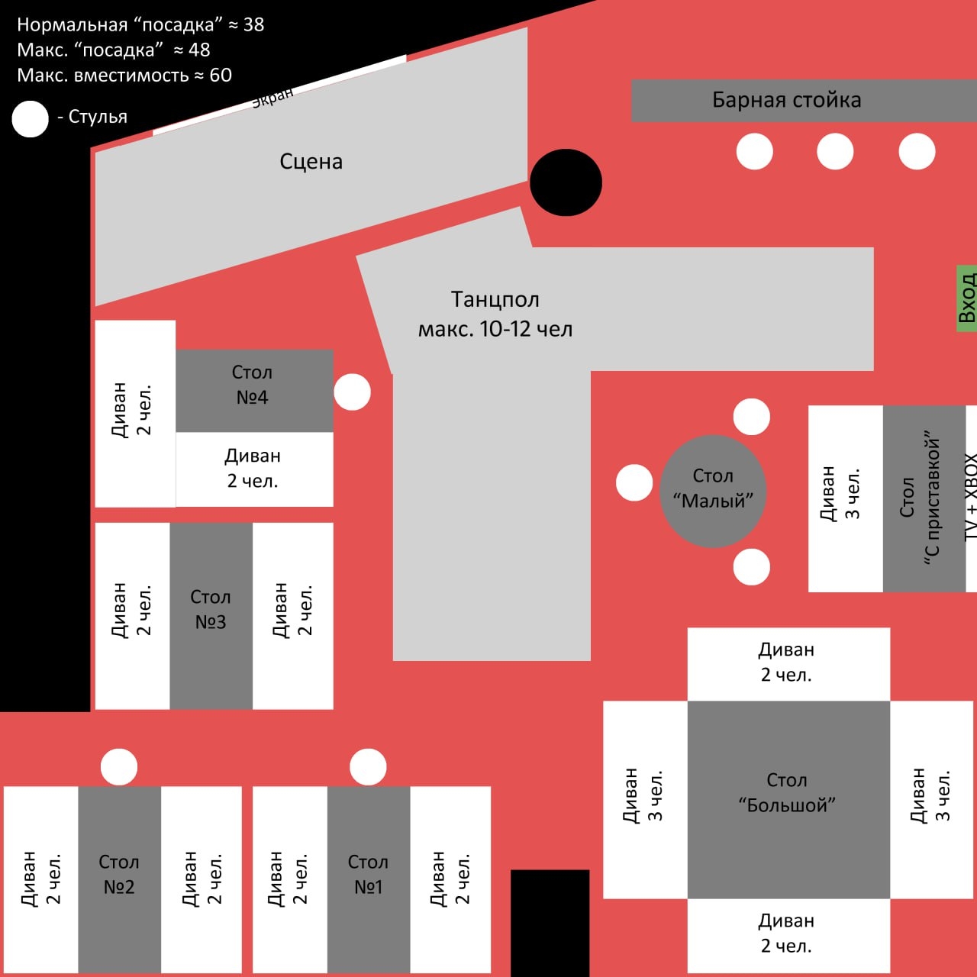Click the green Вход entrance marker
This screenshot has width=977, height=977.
(966, 298)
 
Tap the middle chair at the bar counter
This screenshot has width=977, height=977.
(835, 151)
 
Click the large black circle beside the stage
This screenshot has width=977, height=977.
(566, 182)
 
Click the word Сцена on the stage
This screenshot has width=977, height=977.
(311, 162)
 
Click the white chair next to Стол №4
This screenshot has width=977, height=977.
(353, 392)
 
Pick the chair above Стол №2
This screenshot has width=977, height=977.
(119, 766)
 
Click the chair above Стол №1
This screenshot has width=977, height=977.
(368, 766)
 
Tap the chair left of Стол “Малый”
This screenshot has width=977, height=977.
(634, 483)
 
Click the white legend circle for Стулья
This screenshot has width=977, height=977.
(31, 119)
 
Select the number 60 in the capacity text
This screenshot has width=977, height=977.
(221, 75)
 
